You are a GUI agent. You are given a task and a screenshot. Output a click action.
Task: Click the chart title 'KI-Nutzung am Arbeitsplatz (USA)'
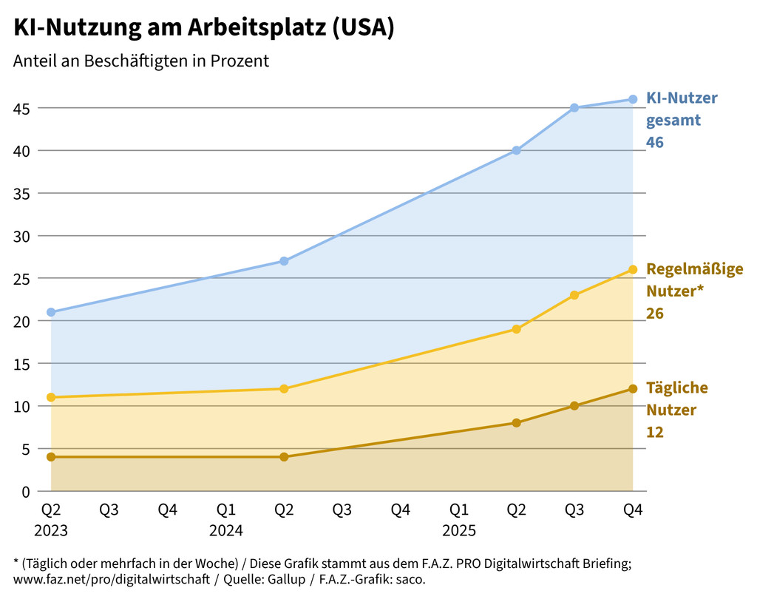203,27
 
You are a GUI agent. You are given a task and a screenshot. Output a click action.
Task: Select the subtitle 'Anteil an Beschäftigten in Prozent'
141,61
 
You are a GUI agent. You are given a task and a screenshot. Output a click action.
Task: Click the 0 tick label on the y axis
26,491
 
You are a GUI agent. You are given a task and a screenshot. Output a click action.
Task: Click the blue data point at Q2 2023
51,312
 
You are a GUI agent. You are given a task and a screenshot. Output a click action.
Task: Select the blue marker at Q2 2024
284,261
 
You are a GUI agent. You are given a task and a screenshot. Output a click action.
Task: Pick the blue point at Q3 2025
574,108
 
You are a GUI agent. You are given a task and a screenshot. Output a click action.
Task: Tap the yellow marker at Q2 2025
516,329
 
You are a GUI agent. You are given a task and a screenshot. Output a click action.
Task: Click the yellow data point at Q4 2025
633,269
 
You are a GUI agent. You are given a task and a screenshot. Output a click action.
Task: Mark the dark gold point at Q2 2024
284,457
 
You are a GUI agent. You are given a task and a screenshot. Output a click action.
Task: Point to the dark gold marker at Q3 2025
574,406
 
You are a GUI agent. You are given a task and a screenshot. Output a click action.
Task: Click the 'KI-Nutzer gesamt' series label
682,109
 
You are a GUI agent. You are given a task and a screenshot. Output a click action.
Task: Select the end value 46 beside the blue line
655,142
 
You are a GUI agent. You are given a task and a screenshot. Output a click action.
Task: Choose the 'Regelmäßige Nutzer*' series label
694,279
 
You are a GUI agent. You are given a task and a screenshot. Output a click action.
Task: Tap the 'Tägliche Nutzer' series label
676,399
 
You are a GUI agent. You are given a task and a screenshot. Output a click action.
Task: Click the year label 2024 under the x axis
225,530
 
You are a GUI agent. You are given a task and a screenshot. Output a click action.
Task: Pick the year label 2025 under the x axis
458,530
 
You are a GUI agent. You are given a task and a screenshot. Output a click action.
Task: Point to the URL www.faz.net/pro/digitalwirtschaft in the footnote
112,579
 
